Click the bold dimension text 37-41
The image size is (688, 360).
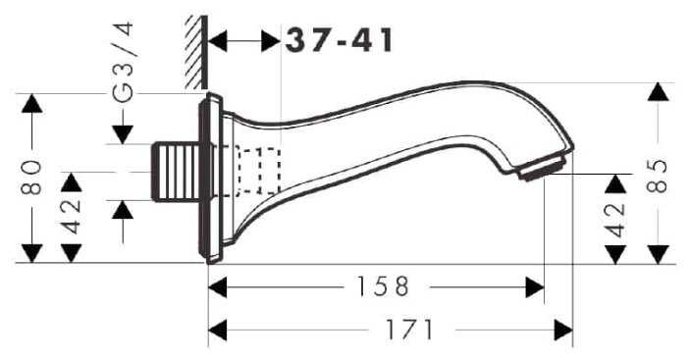click(339, 41)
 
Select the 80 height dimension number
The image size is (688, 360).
click(31, 178)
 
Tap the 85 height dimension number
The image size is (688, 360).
click(657, 176)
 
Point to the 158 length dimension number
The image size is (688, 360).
click(383, 286)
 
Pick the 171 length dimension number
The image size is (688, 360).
click(409, 330)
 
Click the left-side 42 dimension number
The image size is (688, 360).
click(71, 216)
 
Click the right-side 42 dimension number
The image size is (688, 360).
click(615, 220)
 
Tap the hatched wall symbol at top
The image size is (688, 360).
click(196, 52)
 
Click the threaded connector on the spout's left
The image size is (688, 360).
click(176, 172)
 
